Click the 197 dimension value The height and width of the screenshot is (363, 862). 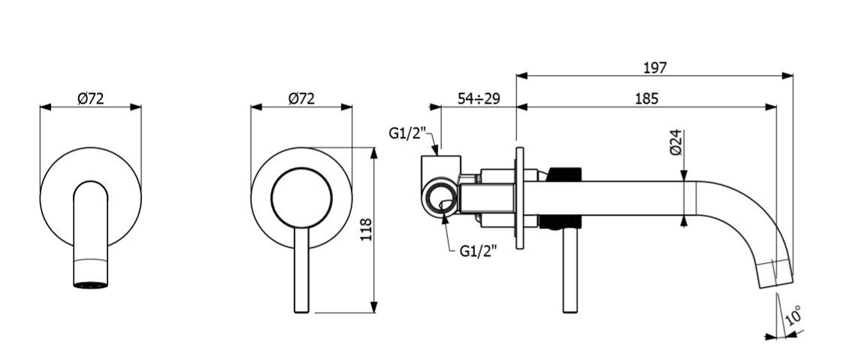click(655, 68)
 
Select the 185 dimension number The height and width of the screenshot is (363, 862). click(646, 98)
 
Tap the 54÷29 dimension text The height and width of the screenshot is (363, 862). click(479, 98)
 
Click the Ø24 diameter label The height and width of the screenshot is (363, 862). click(675, 142)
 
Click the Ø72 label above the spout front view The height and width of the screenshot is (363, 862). click(90, 98)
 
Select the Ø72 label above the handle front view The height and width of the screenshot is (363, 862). click(301, 98)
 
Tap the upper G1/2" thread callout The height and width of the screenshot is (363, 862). click(407, 134)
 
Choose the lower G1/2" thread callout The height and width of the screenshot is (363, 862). click(477, 252)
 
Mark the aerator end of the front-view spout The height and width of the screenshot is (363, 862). click(90, 284)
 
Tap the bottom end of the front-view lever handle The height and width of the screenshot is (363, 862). click(301, 307)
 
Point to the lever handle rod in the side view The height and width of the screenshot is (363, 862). click(570, 271)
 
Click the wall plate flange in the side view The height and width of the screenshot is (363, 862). click(519, 198)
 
